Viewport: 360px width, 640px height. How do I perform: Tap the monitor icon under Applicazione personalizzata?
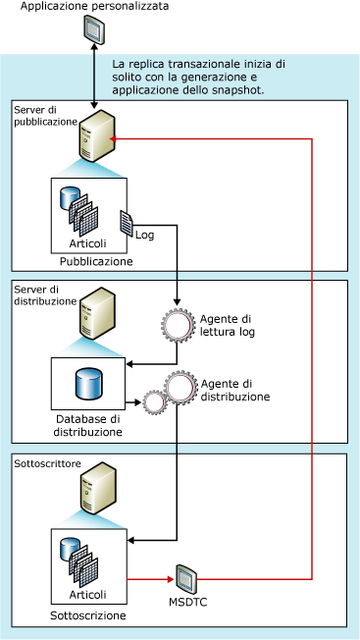(x=93, y=32)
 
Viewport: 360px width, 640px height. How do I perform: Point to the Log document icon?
(x=126, y=223)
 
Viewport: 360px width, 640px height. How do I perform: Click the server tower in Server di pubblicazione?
(x=95, y=137)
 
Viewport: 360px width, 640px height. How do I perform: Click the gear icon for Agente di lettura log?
(x=178, y=324)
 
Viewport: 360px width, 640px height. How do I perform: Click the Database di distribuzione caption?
(x=89, y=426)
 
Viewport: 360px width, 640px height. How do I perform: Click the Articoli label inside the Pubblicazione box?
(x=89, y=243)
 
